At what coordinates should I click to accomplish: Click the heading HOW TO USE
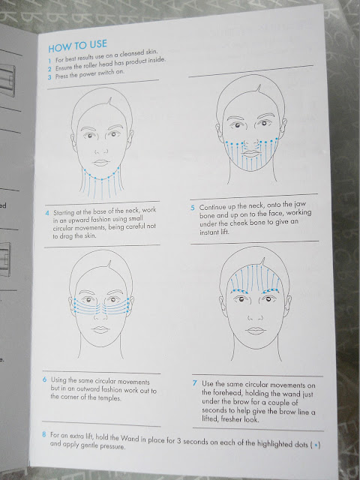(x=78, y=46)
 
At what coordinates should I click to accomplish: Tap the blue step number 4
(x=47, y=213)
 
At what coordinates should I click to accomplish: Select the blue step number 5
(x=193, y=208)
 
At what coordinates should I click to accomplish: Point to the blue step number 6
(x=45, y=379)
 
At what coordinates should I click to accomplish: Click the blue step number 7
(x=195, y=383)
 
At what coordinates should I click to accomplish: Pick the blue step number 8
(x=44, y=434)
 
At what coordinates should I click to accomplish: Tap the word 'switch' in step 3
(x=106, y=73)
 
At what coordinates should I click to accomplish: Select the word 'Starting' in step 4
(x=64, y=212)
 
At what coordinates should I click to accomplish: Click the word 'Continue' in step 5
(x=213, y=207)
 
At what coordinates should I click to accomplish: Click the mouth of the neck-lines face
(x=101, y=163)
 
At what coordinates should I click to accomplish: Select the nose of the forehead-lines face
(x=255, y=317)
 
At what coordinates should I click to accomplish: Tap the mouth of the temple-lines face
(x=100, y=329)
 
